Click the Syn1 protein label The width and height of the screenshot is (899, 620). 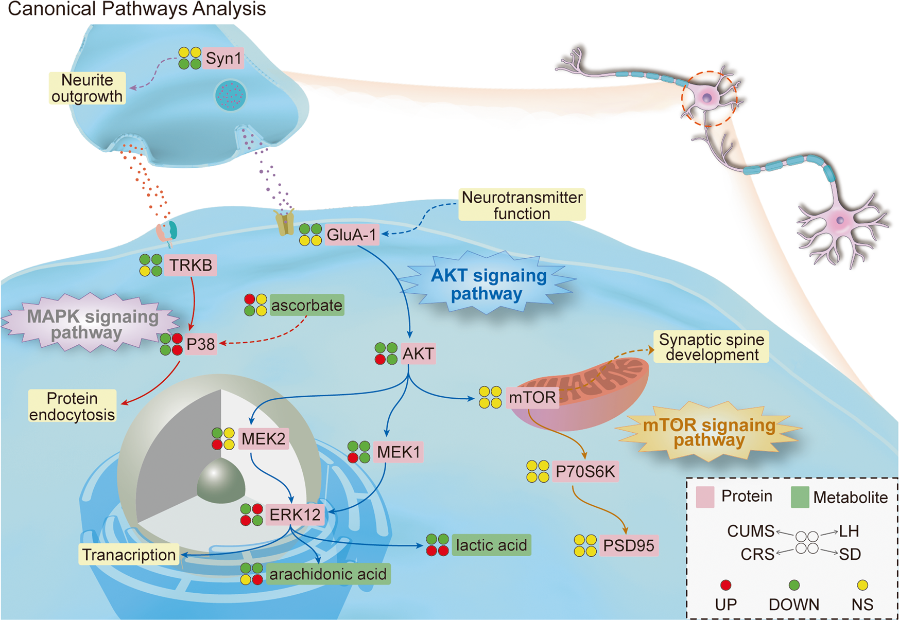click(223, 59)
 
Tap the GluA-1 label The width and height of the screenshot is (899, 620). click(352, 235)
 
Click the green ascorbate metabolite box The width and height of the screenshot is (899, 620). click(306, 305)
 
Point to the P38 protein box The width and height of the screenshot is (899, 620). click(200, 344)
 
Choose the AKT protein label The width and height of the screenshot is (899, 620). click(418, 354)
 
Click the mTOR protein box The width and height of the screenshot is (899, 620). click(532, 397)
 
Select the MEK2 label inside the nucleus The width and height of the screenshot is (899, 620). click(263, 439)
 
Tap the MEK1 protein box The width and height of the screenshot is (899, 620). click(399, 452)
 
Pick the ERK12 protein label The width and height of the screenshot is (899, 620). click(295, 515)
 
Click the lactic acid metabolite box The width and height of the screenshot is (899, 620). click(491, 545)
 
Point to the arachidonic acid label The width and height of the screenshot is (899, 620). click(328, 574)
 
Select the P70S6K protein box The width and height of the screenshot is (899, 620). click(585, 471)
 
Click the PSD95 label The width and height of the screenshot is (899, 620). click(628, 545)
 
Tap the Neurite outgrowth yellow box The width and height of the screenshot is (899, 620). click(87, 88)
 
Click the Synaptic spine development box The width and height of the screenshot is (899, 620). click(712, 347)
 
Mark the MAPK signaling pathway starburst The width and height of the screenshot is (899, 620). click(92, 324)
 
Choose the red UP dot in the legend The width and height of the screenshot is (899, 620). click(725, 585)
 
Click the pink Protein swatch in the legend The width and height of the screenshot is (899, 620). click(705, 497)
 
